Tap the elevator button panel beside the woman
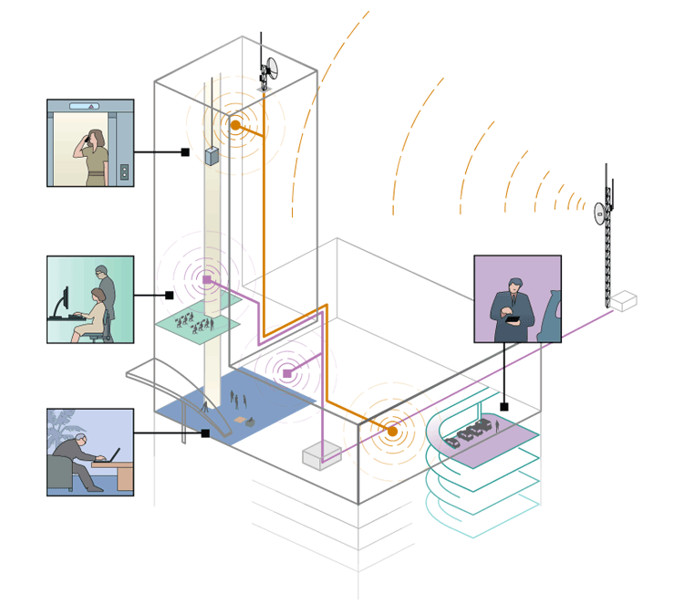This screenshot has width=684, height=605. click(x=124, y=172)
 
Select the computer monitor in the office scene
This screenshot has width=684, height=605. click(x=63, y=303)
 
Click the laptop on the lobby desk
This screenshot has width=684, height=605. click(x=114, y=454)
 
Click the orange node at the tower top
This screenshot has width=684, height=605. click(x=235, y=125)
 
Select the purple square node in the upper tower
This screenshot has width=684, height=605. click(x=207, y=279)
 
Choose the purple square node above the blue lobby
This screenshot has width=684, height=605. click(x=287, y=373)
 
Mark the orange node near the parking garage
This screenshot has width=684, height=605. click(x=392, y=432)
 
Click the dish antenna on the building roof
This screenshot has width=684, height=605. click(x=271, y=68)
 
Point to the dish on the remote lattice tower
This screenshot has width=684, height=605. click(x=600, y=214)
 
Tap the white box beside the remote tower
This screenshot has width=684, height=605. click(x=624, y=300)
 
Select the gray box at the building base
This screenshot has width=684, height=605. click(x=321, y=454)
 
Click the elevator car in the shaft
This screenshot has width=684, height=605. click(x=212, y=155)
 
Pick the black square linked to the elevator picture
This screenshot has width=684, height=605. click(x=185, y=152)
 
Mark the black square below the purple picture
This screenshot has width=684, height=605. click(x=504, y=406)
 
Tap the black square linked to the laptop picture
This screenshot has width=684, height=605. click(x=205, y=433)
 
